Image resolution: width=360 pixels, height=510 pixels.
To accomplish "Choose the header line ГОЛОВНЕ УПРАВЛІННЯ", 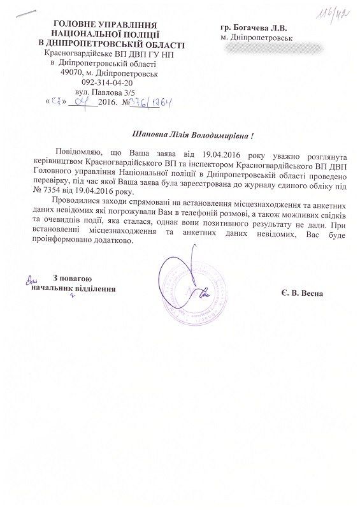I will [106, 24].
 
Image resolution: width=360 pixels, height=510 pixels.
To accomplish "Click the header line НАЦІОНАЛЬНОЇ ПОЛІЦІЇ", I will [106, 33].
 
